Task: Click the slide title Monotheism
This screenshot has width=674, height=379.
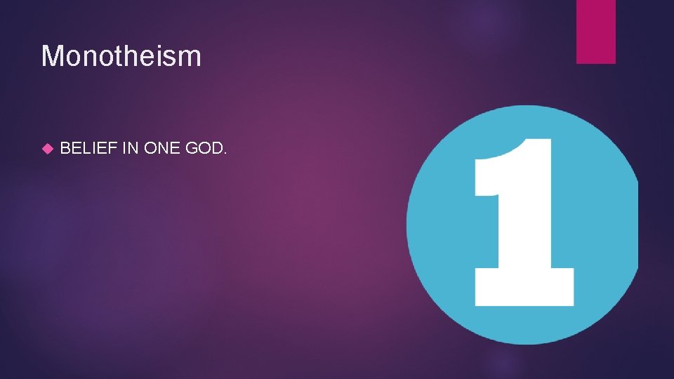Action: click(121, 56)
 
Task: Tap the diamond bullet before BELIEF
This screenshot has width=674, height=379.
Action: click(48, 149)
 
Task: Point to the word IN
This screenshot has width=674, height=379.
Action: click(131, 148)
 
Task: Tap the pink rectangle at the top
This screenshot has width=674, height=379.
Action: click(595, 31)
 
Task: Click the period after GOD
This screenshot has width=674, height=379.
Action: click(225, 153)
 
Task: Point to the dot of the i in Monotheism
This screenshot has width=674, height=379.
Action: click(166, 46)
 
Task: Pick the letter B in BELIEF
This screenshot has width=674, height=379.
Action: click(65, 148)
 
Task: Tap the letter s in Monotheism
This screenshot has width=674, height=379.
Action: click(176, 58)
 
